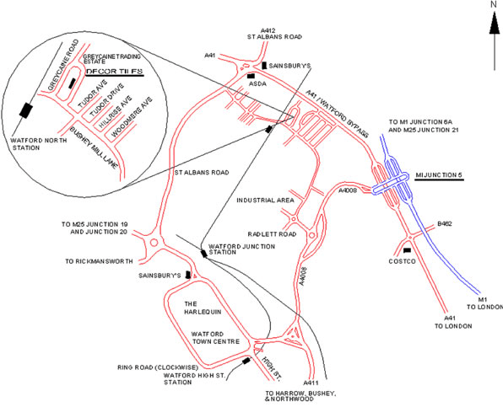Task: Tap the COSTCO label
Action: [x=406, y=260]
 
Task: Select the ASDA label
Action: [x=256, y=84]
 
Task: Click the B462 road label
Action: [x=444, y=224]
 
